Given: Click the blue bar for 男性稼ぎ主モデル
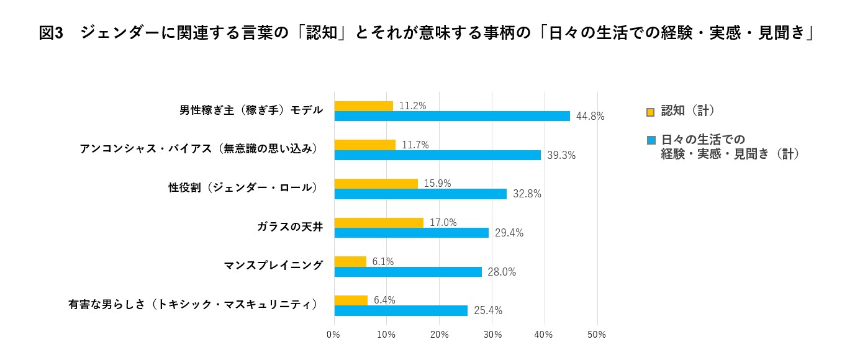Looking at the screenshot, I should (x=452, y=116).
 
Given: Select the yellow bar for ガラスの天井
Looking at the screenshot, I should (x=379, y=222).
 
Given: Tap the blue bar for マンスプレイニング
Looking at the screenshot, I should (x=408, y=272).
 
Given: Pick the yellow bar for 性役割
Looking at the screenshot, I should (x=376, y=184).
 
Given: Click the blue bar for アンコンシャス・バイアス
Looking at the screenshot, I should (x=437, y=155).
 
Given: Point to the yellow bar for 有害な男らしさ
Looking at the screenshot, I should (x=351, y=300).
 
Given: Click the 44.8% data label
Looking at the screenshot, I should (x=590, y=116).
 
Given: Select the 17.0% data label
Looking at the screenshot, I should (x=443, y=222).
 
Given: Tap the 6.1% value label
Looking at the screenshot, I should (x=383, y=261).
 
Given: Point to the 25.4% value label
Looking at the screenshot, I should (x=487, y=310).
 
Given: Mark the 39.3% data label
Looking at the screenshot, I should (x=561, y=155).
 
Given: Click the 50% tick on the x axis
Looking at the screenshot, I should (x=596, y=335).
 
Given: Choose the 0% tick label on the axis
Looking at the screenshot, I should (x=333, y=335).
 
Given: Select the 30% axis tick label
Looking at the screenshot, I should (x=492, y=335).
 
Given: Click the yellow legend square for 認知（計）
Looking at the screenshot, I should (x=650, y=112).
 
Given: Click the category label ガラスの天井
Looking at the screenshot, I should (x=290, y=227).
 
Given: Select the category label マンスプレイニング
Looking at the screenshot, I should (x=273, y=266).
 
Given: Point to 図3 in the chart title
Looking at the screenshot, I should (x=51, y=34).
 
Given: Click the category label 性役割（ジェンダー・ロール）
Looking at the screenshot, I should (x=243, y=187).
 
